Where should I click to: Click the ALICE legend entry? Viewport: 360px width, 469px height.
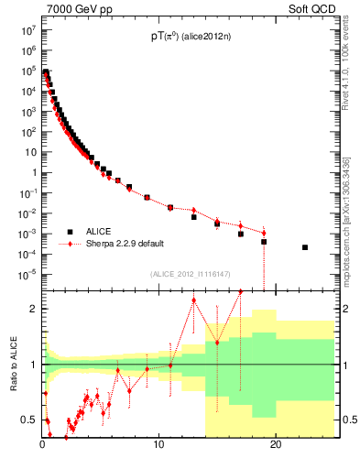pos(102,231)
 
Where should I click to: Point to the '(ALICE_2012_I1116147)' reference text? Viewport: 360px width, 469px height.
pos(192,273)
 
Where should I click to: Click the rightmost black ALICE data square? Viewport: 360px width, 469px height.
pos(305,247)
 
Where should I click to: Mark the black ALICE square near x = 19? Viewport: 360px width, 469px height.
pos(264,242)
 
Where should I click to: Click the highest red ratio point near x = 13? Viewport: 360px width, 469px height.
pos(194,300)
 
